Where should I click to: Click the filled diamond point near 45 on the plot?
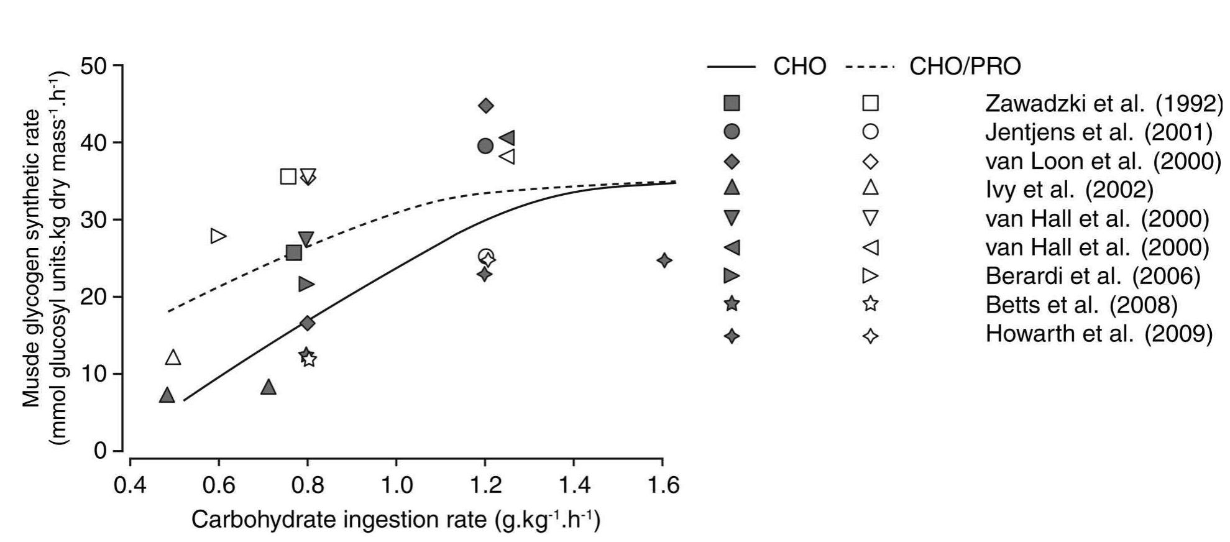point(486,106)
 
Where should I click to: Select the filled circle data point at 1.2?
point(485,146)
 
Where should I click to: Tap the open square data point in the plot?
point(288,177)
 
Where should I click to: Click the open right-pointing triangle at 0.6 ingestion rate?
point(218,236)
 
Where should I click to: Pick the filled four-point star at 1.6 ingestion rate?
point(664,260)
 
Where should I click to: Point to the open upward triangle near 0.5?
point(173,357)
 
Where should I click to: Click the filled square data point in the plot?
point(294,252)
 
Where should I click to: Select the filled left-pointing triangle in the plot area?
point(507,138)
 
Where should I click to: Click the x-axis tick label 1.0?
point(396,485)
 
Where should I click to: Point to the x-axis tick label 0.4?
point(130,485)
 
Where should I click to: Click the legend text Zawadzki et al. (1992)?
point(1104,104)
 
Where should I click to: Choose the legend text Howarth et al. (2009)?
point(1099,334)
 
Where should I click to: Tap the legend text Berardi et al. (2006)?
point(1093,276)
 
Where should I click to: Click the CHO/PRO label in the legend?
point(965,67)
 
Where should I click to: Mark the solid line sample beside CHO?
point(731,67)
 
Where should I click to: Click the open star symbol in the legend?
point(871,304)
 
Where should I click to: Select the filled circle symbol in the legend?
point(732,132)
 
